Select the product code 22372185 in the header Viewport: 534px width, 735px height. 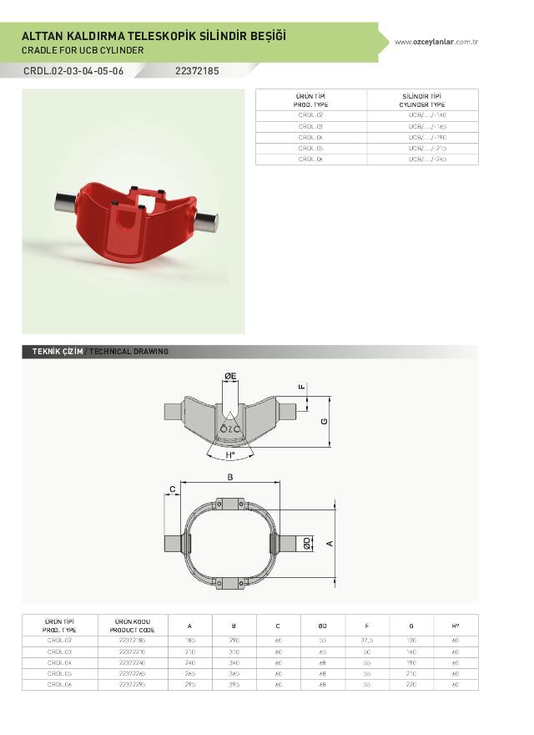(197, 71)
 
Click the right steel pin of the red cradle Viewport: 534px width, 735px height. (207, 220)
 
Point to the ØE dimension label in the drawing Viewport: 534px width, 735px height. (230, 378)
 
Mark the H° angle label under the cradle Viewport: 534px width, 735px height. (229, 456)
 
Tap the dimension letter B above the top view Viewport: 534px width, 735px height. (230, 477)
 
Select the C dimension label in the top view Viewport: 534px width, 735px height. (172, 489)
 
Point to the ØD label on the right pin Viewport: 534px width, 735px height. (308, 543)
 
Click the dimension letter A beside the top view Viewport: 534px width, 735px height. (330, 543)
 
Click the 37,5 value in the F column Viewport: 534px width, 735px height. (367, 641)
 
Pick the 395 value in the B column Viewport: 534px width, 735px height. (234, 684)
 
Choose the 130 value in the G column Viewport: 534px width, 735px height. (411, 641)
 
